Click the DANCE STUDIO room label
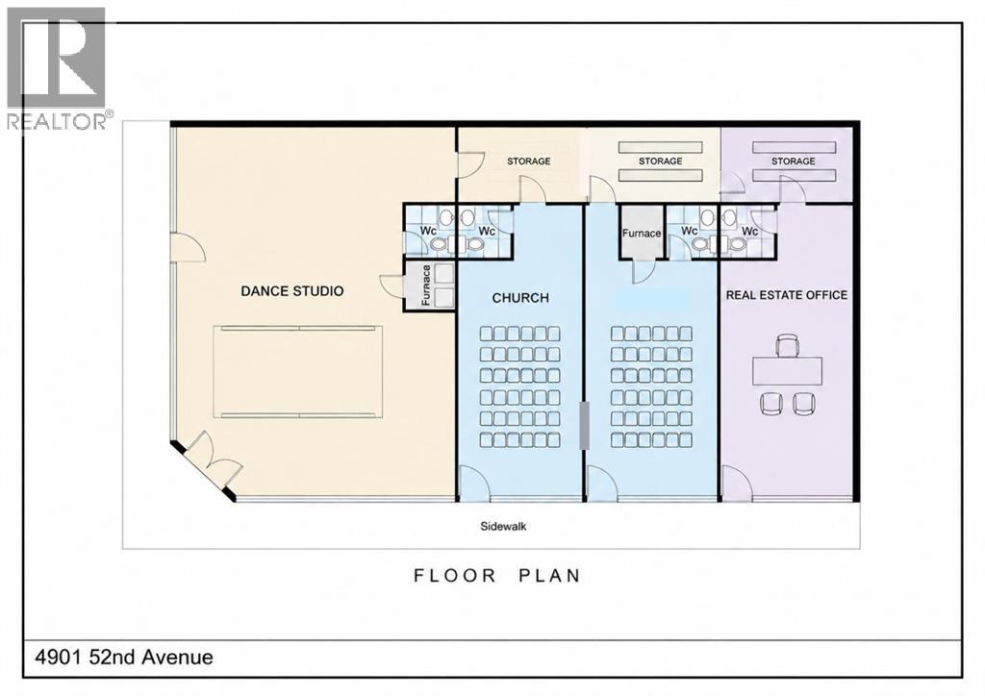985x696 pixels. click(292, 290)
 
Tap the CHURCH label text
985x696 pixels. click(520, 297)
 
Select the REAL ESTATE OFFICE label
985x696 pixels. click(787, 295)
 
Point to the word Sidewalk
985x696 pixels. click(503, 526)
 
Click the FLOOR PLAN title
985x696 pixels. click(497, 576)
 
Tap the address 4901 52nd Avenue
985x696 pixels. click(124, 658)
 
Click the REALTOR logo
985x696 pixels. click(57, 68)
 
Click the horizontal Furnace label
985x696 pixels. click(642, 233)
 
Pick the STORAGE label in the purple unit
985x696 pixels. click(793, 162)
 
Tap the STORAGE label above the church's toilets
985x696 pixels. click(528, 162)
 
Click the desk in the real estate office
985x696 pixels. click(787, 370)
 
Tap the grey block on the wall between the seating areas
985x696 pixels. click(584, 426)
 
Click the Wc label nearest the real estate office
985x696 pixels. click(749, 232)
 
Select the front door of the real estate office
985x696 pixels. click(736, 484)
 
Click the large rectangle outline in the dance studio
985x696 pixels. click(298, 371)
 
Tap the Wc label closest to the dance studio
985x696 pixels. click(428, 231)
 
